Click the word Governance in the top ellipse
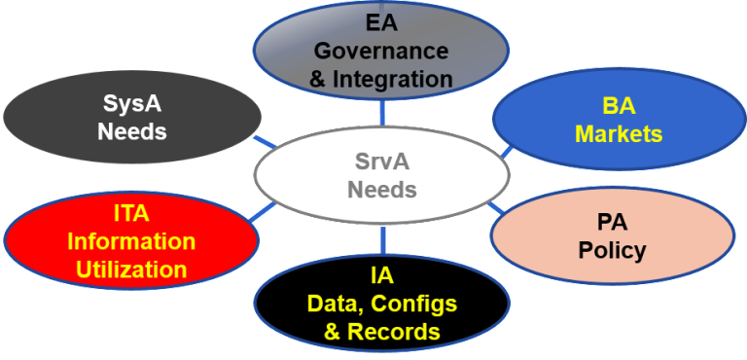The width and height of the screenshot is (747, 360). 381,51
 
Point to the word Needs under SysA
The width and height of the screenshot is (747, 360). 132,130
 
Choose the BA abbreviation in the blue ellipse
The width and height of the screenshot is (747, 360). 619,106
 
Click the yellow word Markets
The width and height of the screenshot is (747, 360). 619,133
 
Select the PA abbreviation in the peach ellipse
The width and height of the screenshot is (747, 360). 612,222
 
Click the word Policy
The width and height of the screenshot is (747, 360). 612,250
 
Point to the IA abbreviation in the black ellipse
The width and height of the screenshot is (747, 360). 381,276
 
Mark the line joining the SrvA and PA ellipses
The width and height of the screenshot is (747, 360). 496,207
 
